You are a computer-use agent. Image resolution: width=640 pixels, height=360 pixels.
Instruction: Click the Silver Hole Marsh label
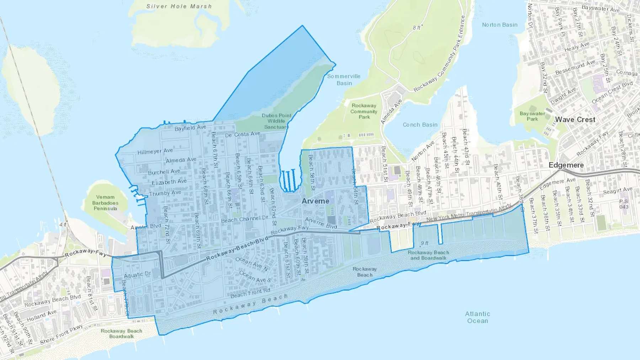coord(179,6)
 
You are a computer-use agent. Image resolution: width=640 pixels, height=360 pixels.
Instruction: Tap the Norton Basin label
coord(500,25)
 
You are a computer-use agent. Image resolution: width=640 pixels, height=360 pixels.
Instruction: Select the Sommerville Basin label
coord(344,80)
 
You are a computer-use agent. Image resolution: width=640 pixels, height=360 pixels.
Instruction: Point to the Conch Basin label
coord(420,125)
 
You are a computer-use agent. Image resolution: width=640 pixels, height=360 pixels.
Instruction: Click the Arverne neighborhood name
coord(315,201)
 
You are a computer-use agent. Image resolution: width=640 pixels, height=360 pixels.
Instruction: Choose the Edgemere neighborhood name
coord(566,165)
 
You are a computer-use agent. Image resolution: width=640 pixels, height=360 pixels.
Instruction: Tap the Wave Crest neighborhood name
coord(575,120)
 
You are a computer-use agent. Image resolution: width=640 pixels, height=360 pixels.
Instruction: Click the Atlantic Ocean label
coord(478,317)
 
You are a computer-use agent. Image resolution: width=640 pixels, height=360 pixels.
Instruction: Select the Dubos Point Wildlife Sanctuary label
coord(276,121)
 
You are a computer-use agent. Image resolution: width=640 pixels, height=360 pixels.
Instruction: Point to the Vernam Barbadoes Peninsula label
coord(105,203)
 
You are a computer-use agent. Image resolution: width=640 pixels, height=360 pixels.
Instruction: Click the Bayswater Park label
coord(532,116)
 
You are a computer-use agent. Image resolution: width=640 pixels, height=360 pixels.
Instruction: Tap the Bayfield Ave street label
coord(190,128)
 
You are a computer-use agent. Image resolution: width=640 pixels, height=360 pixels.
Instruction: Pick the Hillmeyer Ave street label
coord(155,151)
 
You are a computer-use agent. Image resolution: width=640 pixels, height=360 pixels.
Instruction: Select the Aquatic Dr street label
coord(137,275)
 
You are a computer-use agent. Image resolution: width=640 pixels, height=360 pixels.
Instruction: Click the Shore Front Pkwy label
coord(61,334)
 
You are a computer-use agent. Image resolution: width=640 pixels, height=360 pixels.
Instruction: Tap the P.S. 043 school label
coord(624,204)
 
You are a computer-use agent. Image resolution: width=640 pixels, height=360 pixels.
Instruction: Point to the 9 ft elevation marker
coord(425,243)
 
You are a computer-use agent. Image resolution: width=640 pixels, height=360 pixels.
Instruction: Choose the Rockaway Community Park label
coord(364,111)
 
